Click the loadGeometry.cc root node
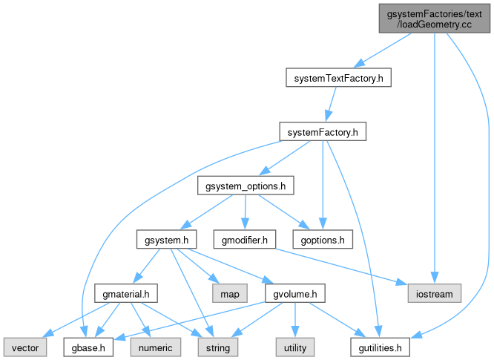[434, 19]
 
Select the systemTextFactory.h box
[338, 77]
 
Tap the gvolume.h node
[295, 294]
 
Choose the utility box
[295, 347]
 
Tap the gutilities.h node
[380, 347]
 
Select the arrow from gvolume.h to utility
[295, 320]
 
